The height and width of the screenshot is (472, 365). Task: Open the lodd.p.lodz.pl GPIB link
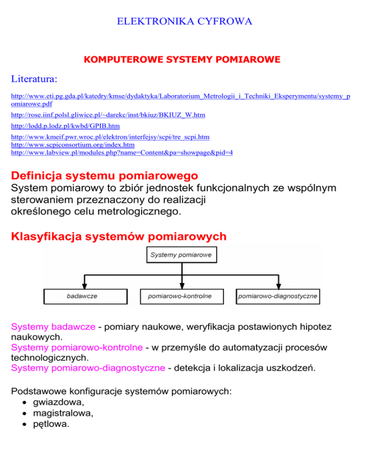[65, 126]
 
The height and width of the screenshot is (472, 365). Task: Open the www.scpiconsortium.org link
[72, 144]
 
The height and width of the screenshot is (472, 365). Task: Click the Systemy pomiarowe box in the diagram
[182, 256]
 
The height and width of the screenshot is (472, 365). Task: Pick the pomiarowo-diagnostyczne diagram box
[278, 297]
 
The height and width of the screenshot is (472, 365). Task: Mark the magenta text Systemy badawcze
[52, 328]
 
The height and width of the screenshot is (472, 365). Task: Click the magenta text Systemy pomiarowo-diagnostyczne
[87, 368]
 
